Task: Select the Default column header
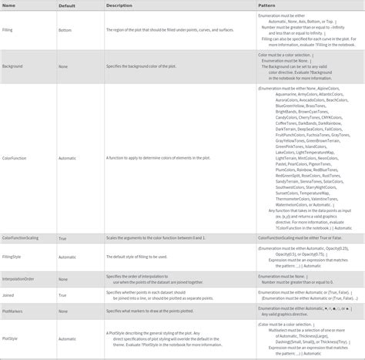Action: [x=68, y=5]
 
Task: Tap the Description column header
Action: [x=119, y=5]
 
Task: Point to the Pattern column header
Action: [x=269, y=5]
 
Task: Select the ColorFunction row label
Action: [x=15, y=157]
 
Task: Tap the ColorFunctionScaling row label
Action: [x=21, y=239]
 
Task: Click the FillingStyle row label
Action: [x=12, y=255]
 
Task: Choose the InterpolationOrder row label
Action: [x=18, y=278]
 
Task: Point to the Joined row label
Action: [x=9, y=295]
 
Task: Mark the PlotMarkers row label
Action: [x=12, y=312]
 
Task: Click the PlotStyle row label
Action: [x=11, y=338]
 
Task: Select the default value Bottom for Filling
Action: [x=65, y=31]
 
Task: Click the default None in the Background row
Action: [x=62, y=67]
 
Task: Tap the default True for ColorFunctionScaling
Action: [x=62, y=239]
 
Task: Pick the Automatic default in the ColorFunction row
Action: [x=67, y=157]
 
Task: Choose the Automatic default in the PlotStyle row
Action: [x=67, y=338]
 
